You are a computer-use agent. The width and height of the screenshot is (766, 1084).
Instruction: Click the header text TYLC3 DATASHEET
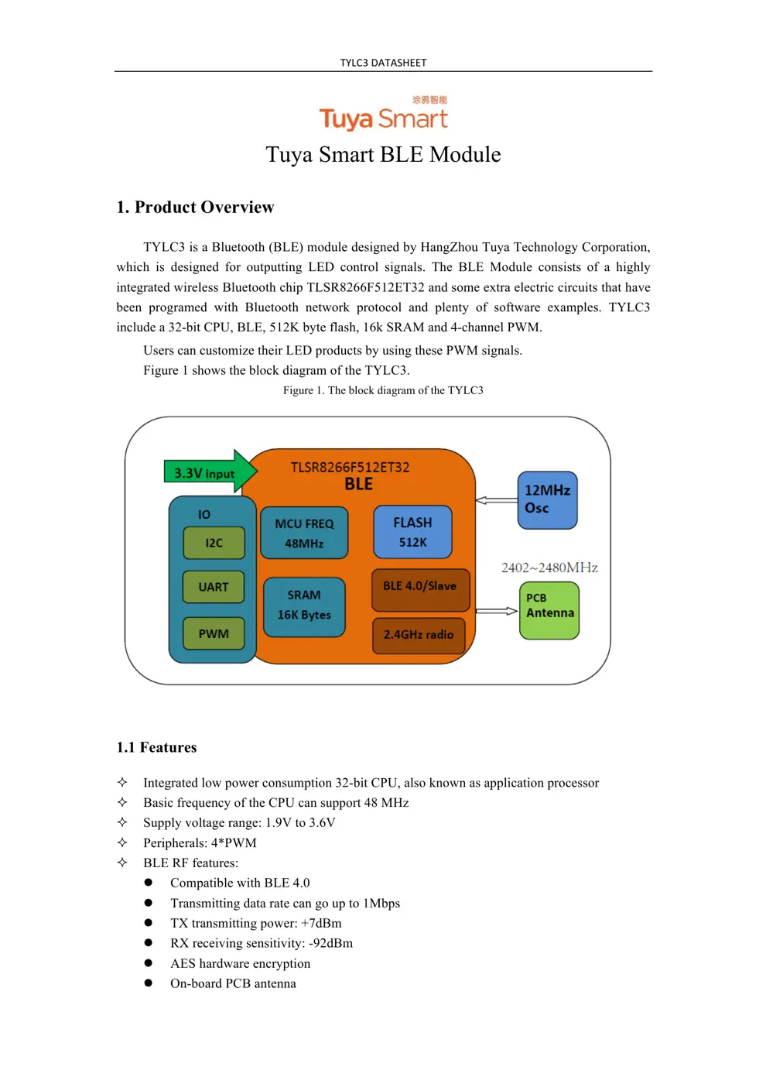tap(383, 63)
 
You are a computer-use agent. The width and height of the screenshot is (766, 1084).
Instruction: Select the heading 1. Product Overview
tap(195, 207)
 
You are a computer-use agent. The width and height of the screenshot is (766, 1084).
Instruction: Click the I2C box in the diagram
tap(214, 543)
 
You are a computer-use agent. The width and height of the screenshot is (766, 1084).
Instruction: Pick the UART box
tap(214, 587)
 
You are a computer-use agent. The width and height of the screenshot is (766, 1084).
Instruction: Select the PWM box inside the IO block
tap(214, 633)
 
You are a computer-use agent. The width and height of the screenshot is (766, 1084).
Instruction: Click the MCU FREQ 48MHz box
tap(304, 533)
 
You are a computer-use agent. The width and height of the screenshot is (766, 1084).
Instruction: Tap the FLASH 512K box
tap(412, 532)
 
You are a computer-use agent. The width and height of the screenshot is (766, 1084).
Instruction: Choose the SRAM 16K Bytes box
tap(304, 605)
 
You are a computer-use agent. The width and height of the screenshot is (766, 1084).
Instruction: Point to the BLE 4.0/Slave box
tap(419, 586)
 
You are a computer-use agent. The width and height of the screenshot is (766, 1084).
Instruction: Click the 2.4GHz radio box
tap(419, 634)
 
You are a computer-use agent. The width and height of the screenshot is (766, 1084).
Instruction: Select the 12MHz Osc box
tap(547, 499)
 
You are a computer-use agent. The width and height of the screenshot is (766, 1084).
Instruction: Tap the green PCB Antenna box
tap(549, 610)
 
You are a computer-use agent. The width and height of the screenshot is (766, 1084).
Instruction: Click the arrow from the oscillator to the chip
tap(496, 500)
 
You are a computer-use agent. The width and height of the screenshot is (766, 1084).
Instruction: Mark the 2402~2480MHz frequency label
tap(549, 568)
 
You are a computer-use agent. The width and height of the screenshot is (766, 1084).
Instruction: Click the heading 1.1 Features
tap(156, 747)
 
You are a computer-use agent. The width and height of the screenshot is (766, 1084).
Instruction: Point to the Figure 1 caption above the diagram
tap(383, 390)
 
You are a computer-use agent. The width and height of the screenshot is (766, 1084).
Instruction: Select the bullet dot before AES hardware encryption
tap(148, 963)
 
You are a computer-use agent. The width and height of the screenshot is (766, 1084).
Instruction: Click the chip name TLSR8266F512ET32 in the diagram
tap(350, 467)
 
